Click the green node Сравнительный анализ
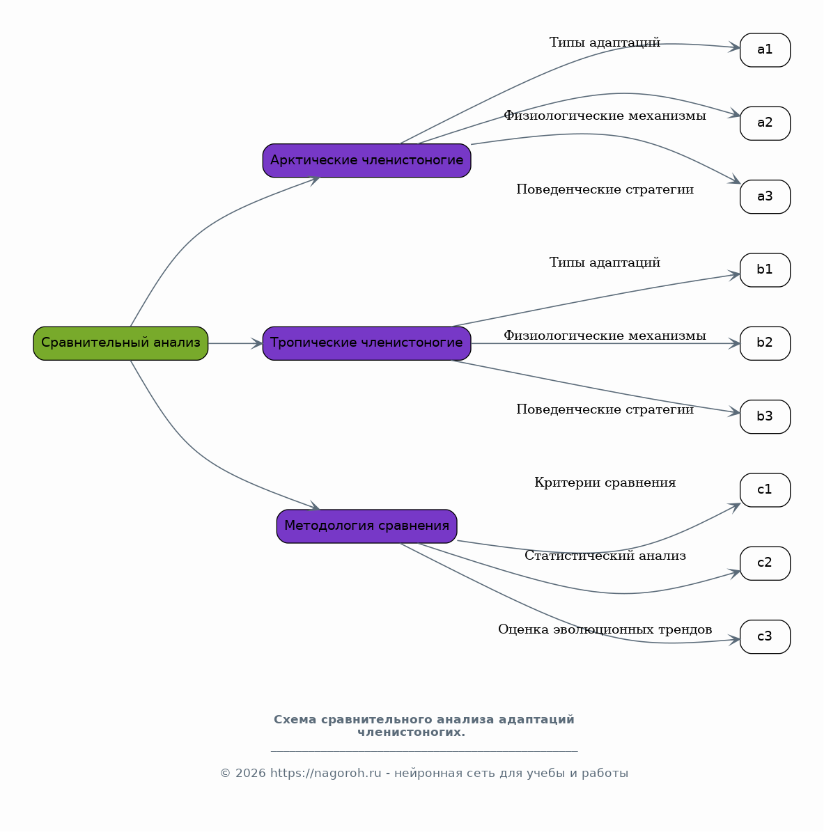point(121,343)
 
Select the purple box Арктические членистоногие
point(367,160)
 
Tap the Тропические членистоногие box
point(367,343)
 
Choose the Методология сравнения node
point(367,526)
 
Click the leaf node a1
point(765,50)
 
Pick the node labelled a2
point(765,123)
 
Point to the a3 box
point(765,197)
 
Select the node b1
point(765,270)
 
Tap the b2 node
point(765,343)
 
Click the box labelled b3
point(765,416)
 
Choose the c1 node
point(765,490)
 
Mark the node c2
point(765,563)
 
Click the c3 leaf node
point(765,637)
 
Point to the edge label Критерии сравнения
point(605,483)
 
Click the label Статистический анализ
point(605,556)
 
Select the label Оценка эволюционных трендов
point(605,629)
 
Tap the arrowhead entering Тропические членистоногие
point(257,343)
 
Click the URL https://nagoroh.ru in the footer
point(325,773)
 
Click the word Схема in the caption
point(296,719)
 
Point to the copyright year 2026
point(251,773)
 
